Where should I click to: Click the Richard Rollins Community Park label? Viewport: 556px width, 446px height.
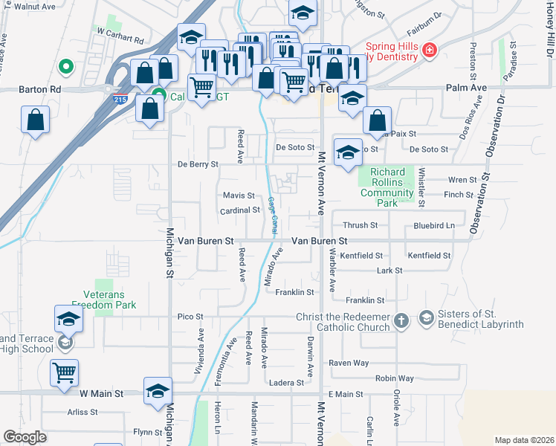coord(386,183)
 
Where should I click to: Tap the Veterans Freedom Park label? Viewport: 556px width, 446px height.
coord(104,300)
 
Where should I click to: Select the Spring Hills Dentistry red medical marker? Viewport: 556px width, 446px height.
coord(429,51)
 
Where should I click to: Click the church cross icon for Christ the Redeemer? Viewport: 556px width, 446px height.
coord(401,320)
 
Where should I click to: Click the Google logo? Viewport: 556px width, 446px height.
coord(25,437)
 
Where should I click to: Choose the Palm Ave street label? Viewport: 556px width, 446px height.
coord(466,88)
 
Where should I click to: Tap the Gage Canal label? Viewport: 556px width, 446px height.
coord(273,216)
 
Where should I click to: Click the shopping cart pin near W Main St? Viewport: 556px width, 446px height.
coord(65,371)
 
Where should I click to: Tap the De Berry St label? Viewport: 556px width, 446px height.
coord(198,164)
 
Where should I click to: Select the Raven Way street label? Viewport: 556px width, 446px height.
coord(349,363)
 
